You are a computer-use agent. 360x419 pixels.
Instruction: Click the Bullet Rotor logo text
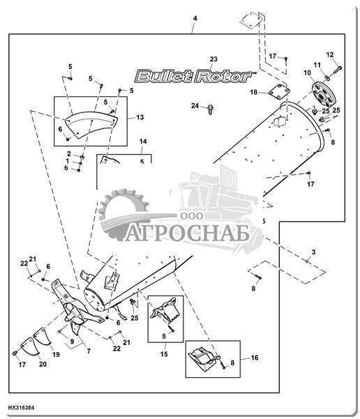tap(194, 76)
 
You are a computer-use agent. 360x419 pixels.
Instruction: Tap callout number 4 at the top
tap(195, 18)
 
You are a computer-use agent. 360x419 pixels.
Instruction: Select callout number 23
tap(213, 59)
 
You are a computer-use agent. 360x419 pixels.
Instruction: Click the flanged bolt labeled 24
tap(210, 109)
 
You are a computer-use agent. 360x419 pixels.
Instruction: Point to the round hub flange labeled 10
tap(324, 95)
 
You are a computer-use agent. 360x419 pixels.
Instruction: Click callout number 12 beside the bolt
tap(330, 54)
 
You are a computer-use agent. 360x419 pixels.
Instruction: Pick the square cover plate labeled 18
tap(279, 92)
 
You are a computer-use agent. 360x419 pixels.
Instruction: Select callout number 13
tap(140, 117)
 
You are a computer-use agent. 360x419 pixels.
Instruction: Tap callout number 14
tap(143, 141)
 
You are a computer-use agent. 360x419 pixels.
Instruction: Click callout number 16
tap(255, 358)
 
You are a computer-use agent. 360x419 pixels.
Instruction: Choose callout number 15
tap(164, 354)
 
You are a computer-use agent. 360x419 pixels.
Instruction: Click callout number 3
tap(313, 251)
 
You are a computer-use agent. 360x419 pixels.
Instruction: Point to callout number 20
tap(43, 364)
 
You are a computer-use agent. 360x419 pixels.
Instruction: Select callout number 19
tap(56, 355)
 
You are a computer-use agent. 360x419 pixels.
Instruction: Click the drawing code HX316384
tap(21, 408)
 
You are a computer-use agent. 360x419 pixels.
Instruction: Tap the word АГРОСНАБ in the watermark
tap(187, 233)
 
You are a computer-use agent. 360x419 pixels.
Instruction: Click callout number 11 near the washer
tap(317, 65)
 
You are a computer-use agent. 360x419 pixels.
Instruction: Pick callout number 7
tap(89, 351)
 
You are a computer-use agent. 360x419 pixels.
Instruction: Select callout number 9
tap(72, 341)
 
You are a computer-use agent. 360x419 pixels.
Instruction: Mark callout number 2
tap(69, 154)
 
